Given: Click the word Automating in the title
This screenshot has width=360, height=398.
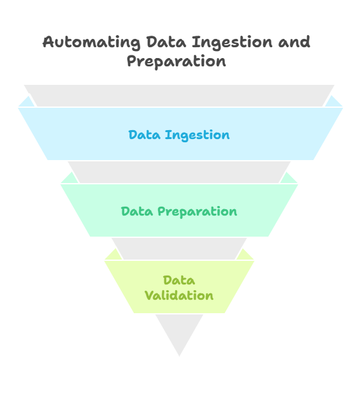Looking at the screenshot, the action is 91,42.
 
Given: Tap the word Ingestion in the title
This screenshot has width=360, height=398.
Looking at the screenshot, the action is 232,42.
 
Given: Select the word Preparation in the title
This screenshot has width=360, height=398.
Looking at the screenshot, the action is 176,62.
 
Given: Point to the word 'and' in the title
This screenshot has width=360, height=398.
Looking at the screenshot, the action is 294,41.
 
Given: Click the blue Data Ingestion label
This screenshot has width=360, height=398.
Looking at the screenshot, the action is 179,135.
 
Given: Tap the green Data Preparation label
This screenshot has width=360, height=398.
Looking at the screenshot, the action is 179,212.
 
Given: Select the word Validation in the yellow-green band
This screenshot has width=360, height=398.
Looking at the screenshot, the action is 179,296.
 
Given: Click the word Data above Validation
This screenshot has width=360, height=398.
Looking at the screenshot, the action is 179,281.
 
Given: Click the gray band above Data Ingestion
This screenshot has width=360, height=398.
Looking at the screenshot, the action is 179,96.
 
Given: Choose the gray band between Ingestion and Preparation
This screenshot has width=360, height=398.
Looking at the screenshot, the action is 179,172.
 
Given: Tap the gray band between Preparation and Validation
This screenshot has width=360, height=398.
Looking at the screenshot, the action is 179,249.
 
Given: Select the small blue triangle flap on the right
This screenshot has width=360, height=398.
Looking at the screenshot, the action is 333,103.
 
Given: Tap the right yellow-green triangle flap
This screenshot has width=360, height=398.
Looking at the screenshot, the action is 245,255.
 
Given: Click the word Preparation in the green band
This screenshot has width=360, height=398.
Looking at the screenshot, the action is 198,212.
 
